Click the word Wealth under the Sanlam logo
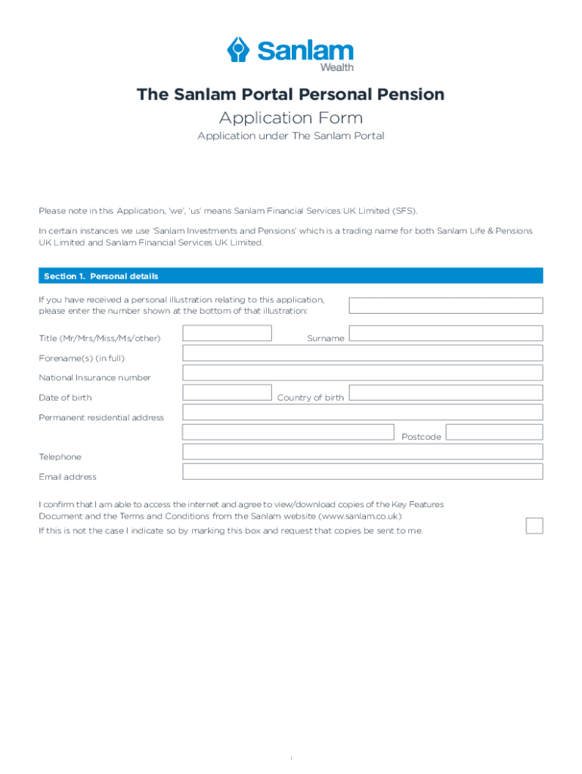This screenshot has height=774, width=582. click(x=336, y=67)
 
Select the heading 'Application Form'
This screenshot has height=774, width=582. click(x=290, y=118)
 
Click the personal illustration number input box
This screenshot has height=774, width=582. click(x=445, y=305)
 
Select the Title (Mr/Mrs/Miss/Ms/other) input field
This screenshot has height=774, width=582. click(x=227, y=333)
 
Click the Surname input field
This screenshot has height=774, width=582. click(x=445, y=333)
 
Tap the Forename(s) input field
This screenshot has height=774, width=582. click(x=362, y=353)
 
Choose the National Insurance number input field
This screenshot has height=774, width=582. click(x=362, y=373)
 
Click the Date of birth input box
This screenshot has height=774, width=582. click(x=227, y=392)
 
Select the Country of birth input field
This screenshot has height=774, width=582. click(x=445, y=392)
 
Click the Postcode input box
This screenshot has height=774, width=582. click(x=494, y=432)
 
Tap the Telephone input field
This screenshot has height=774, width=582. click(x=362, y=452)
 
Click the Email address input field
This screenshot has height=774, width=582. click(x=362, y=472)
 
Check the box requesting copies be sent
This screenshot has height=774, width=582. click(x=534, y=525)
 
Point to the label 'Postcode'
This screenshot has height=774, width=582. click(x=421, y=437)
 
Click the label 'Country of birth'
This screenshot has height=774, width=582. click(x=310, y=398)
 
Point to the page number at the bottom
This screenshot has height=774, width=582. click(x=291, y=737)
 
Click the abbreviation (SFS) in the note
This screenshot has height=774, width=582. click(x=403, y=210)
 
